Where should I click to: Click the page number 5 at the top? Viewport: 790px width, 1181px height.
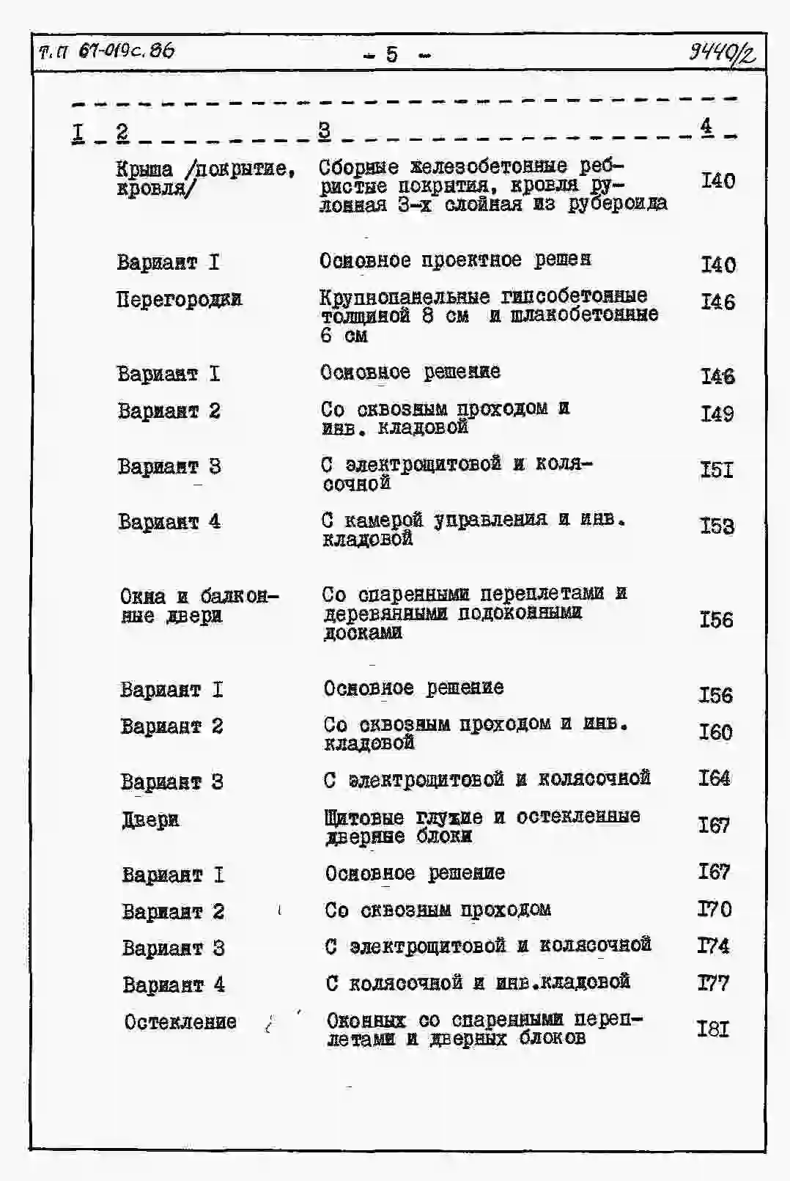coord(392,54)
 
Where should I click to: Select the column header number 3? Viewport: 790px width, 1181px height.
coord(324,130)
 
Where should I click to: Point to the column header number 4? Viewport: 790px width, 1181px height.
coord(706,126)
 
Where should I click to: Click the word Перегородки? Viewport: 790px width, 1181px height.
coord(179,299)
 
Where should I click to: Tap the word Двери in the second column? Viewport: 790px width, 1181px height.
coord(150,820)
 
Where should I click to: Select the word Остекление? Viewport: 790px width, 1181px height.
coord(180,1022)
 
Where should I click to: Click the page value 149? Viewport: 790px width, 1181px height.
coord(717,414)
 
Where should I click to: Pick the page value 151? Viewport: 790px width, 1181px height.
coord(717,470)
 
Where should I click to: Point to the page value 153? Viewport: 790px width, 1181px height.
coord(717,526)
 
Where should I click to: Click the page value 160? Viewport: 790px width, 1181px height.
coord(715,732)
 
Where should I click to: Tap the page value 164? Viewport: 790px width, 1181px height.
coord(715,778)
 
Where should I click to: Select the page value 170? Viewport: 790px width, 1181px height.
coord(715,909)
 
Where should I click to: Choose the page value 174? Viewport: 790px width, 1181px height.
coord(714,946)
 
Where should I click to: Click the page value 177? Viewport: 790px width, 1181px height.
coord(714,982)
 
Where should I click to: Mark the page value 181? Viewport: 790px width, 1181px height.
coord(713,1029)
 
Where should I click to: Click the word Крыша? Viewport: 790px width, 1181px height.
coord(144,169)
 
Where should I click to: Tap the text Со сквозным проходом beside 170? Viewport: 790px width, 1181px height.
coord(438,910)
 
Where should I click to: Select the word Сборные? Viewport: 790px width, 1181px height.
coord(359,166)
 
